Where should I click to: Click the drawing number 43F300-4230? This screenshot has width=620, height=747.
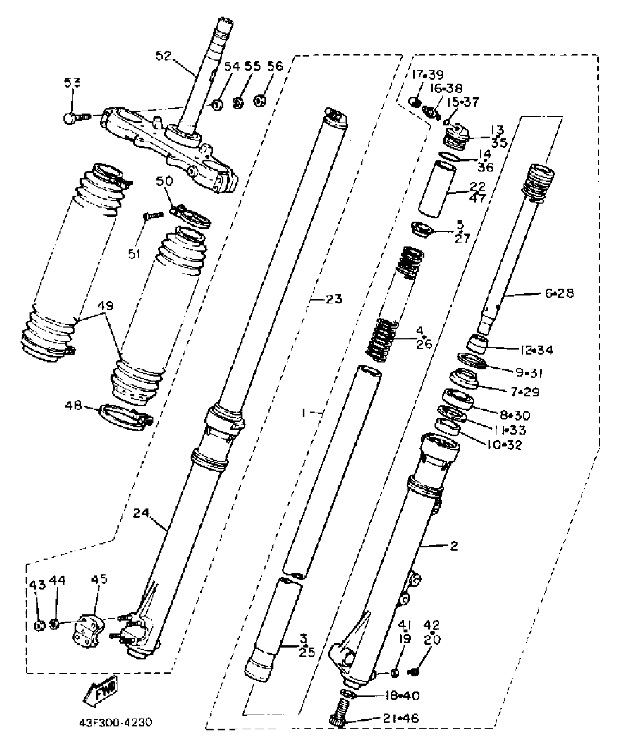pyautogui.click(x=115, y=722)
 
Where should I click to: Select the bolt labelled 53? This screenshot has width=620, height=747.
pyautogui.click(x=75, y=117)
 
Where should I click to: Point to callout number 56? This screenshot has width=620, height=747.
pyautogui.click(x=275, y=66)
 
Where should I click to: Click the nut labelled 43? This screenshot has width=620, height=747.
pyautogui.click(x=39, y=625)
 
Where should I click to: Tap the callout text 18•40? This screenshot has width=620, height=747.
pyautogui.click(x=402, y=696)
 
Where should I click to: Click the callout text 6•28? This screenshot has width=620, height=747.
pyautogui.click(x=559, y=293)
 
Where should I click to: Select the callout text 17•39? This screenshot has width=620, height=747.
pyautogui.click(x=427, y=75)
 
